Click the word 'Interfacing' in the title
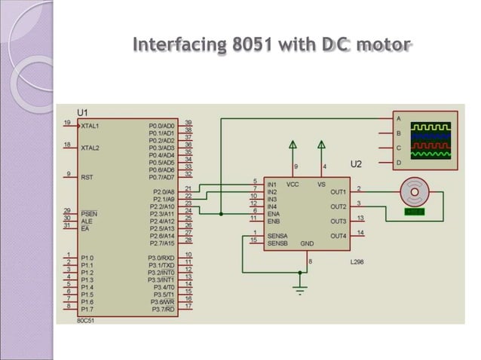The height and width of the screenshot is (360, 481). [x=179, y=44]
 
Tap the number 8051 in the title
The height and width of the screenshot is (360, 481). [x=252, y=44]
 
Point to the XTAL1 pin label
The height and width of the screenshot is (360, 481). [x=90, y=126]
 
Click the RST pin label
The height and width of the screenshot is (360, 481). [x=87, y=178]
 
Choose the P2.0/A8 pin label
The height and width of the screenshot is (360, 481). [x=163, y=192]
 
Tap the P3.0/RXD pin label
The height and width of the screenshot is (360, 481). [x=161, y=258]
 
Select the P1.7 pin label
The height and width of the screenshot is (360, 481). [x=87, y=310]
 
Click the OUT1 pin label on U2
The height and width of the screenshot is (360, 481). [x=339, y=191]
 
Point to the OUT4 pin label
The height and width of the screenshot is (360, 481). [x=339, y=236]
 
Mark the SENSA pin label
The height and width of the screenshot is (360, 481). [x=277, y=236]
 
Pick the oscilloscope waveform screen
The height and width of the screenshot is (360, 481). [x=430, y=141]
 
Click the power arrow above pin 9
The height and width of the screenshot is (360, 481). [x=293, y=145]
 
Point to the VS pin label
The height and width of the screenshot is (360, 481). [x=321, y=184]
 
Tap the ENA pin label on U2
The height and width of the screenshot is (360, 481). [x=274, y=214]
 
